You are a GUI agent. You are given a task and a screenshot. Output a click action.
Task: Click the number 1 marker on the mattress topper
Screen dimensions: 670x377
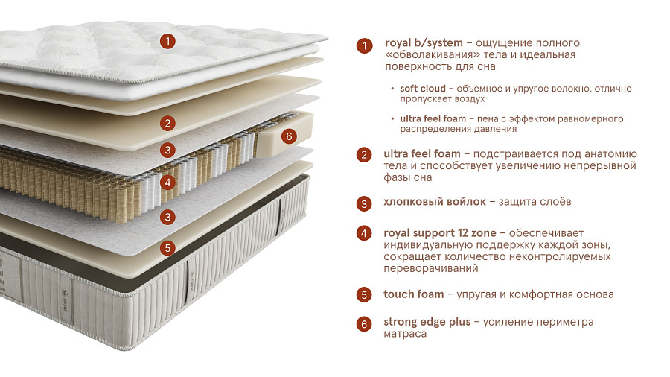(167, 42)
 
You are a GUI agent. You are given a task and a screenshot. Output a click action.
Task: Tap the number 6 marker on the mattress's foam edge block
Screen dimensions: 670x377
(290, 136)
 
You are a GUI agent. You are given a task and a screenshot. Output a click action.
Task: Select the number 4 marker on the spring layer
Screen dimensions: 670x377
(167, 183)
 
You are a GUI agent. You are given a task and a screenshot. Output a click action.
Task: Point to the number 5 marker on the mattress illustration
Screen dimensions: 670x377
(167, 248)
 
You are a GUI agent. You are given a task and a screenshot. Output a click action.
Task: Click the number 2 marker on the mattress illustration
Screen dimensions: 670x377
(167, 124)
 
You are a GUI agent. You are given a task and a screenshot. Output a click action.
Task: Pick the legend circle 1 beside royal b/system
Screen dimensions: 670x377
(364, 45)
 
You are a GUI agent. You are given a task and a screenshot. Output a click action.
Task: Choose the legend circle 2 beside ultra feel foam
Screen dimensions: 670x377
(364, 154)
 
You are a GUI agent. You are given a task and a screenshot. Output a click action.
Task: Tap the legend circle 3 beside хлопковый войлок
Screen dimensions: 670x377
(364, 204)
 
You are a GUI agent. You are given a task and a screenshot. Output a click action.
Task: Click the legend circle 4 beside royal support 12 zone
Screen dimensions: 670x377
(364, 233)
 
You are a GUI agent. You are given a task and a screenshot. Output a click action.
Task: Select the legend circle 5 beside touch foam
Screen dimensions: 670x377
(364, 294)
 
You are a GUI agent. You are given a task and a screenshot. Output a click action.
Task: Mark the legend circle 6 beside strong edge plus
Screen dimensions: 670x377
(364, 324)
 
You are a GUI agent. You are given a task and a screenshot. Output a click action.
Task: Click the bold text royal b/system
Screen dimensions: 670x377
(424, 43)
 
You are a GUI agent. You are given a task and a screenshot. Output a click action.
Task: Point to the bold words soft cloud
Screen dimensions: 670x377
(423, 89)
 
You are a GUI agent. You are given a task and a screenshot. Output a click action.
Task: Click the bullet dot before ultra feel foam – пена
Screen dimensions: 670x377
(392, 118)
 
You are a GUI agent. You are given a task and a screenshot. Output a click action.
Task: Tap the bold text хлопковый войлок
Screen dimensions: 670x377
(435, 202)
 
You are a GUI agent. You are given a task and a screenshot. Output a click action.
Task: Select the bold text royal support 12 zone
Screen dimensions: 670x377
(440, 233)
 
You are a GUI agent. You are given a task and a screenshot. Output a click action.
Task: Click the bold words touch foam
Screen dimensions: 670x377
(414, 294)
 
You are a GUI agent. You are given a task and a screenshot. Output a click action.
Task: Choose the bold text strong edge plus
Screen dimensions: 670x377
(427, 322)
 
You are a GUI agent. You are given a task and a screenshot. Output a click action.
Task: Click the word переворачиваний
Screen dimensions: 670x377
(431, 269)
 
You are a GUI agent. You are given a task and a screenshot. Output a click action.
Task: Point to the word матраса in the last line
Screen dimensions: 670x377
(405, 334)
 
